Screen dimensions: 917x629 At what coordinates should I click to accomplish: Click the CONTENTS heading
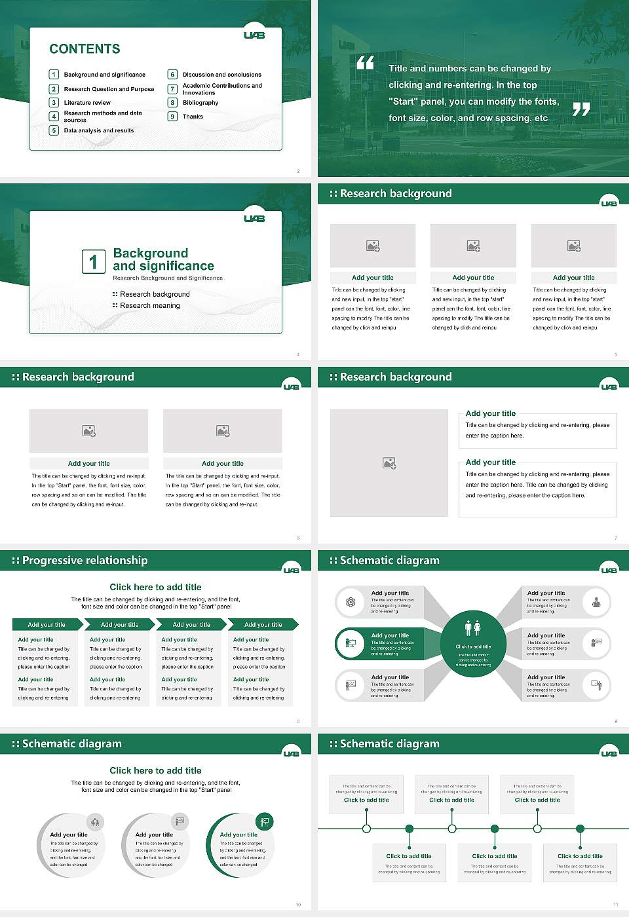pyautogui.click(x=85, y=49)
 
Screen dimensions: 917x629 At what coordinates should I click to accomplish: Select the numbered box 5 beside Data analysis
pyautogui.click(x=54, y=130)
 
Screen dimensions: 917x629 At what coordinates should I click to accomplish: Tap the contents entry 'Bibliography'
pyautogui.click(x=200, y=103)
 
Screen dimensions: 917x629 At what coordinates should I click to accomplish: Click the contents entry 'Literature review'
pyautogui.click(x=87, y=103)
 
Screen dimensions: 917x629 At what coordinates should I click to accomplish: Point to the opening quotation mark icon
pyautogui.click(x=365, y=63)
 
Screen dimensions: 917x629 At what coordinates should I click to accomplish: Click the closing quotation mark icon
pyautogui.click(x=581, y=109)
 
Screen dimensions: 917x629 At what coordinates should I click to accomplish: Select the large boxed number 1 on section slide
pyautogui.click(x=93, y=261)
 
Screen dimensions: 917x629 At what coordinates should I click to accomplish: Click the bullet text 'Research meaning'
pyautogui.click(x=149, y=306)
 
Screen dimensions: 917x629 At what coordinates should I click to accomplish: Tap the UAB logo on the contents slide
pyautogui.click(x=254, y=35)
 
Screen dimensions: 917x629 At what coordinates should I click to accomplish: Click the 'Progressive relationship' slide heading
pyautogui.click(x=85, y=560)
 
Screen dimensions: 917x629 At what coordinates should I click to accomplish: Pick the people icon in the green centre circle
pyautogui.click(x=473, y=627)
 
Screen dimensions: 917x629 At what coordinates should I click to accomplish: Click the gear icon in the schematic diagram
pyautogui.click(x=351, y=602)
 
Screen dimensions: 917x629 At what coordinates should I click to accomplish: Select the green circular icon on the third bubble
pyautogui.click(x=265, y=821)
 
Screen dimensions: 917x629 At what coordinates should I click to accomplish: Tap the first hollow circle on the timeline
pyautogui.click(x=366, y=829)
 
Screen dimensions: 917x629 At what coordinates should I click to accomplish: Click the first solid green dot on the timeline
pyautogui.click(x=410, y=829)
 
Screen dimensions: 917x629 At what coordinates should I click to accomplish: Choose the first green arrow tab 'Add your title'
pyautogui.click(x=47, y=625)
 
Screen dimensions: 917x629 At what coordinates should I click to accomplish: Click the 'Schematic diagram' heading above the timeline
pyautogui.click(x=389, y=743)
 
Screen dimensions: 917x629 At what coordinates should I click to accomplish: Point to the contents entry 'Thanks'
pyautogui.click(x=193, y=117)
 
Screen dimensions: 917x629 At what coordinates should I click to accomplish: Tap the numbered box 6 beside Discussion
pyautogui.click(x=173, y=75)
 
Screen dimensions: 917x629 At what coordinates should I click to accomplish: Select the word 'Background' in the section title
pyautogui.click(x=150, y=253)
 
